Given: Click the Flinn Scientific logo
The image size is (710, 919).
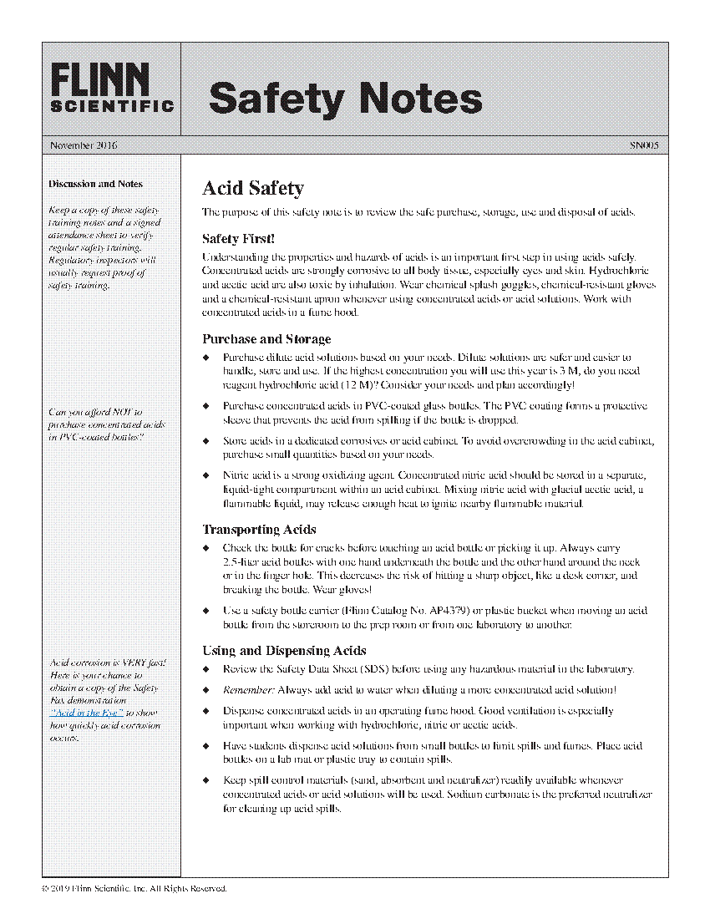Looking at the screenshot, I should click(x=111, y=88).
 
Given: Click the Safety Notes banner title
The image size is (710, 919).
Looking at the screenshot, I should click(x=345, y=98).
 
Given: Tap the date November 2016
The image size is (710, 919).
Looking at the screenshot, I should click(x=84, y=145).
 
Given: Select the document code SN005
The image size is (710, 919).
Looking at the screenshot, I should click(x=644, y=145).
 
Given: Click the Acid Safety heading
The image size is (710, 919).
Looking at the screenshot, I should click(x=253, y=189).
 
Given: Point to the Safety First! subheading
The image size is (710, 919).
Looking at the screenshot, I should click(x=238, y=239).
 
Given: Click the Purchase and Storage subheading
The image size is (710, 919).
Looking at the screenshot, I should click(x=266, y=339).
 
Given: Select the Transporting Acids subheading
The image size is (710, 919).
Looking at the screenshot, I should click(x=259, y=530).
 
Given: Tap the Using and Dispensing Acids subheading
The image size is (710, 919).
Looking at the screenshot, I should click(x=284, y=651).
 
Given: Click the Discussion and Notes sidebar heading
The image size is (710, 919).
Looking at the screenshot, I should click(x=95, y=184).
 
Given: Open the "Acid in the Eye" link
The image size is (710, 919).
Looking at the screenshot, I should click(x=87, y=713).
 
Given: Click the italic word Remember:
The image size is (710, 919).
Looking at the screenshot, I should click(x=248, y=690).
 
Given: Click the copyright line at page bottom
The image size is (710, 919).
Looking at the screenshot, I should click(x=134, y=888).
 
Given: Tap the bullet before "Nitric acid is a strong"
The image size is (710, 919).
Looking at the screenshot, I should click(x=208, y=475).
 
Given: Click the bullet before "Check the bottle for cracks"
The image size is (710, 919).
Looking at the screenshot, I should click(x=208, y=548).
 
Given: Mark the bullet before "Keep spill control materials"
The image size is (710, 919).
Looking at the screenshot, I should click(x=208, y=779).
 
